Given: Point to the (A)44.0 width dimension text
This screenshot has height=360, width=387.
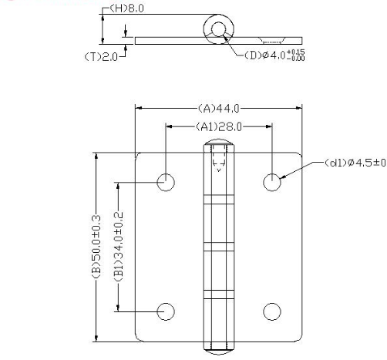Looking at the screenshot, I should [x=218, y=108].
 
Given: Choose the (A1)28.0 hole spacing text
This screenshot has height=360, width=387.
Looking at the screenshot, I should [x=218, y=126].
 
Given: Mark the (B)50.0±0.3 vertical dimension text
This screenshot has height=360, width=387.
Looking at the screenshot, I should [x=96, y=246].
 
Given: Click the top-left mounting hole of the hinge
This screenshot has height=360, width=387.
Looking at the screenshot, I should [x=166, y=182].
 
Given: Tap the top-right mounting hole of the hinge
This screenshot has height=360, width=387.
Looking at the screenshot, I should [x=271, y=182].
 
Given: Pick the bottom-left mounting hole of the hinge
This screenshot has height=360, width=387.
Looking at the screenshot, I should [x=166, y=311].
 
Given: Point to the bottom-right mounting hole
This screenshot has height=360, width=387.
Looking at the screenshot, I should [x=271, y=311].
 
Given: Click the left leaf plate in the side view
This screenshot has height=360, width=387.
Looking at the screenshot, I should [x=166, y=39].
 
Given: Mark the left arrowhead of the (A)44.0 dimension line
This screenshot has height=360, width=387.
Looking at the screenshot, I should [x=140, y=108].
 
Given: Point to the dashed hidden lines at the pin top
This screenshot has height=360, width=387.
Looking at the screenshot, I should [x=218, y=160].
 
